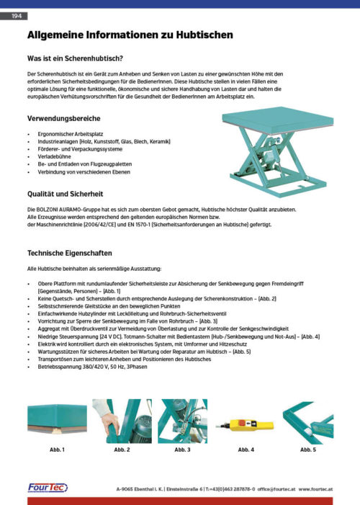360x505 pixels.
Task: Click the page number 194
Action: point(17,15)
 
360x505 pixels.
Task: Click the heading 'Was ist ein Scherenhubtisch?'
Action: point(75,58)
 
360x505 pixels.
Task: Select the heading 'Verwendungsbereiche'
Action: point(63,117)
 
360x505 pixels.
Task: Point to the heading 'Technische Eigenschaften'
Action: point(69,253)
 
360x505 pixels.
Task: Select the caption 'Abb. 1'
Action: point(57,450)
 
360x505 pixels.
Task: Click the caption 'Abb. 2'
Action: point(122,450)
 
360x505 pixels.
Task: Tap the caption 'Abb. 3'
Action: point(182,450)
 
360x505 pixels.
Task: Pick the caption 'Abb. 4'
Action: point(246,450)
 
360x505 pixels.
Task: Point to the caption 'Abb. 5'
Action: point(308,450)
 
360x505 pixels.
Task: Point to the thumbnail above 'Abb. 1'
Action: point(57,421)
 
